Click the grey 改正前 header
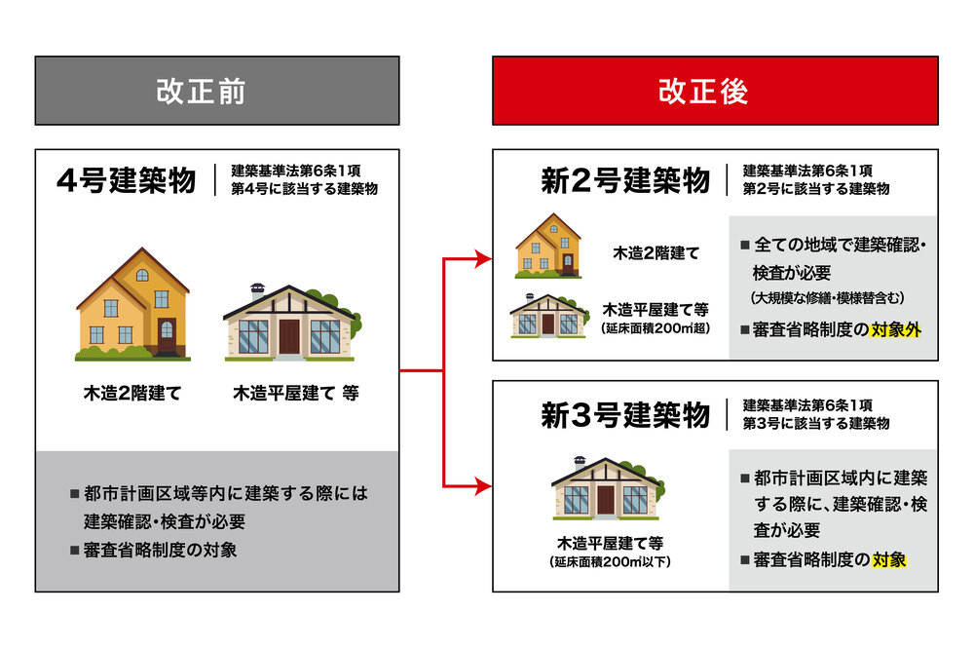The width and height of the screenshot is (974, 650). (217, 91)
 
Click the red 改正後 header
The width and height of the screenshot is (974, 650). (715, 91)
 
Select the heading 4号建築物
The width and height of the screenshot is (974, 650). (126, 180)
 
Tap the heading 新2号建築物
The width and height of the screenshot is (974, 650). (625, 180)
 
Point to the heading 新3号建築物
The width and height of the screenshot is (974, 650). (625, 414)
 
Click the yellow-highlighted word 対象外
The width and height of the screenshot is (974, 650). (896, 329)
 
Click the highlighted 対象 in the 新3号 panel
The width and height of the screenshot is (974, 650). (889, 560)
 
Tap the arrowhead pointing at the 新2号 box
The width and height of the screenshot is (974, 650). (483, 258)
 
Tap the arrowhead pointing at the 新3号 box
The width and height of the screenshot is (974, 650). (483, 486)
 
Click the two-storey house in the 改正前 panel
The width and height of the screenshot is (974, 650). (132, 304)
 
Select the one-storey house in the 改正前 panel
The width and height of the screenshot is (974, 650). (292, 323)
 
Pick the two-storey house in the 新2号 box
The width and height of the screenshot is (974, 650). (548, 246)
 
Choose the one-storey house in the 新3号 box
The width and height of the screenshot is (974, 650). (608, 488)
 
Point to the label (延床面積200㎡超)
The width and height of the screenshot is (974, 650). (656, 328)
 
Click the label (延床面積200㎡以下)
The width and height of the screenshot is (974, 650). (610, 561)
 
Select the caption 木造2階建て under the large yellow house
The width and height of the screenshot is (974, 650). (132, 393)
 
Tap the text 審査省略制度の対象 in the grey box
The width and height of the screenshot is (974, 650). (161, 550)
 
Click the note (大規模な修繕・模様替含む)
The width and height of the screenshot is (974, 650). (827, 297)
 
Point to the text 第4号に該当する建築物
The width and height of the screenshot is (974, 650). (304, 188)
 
